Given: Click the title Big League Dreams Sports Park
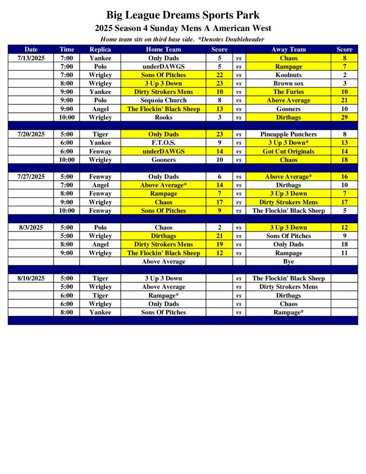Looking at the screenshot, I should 183,15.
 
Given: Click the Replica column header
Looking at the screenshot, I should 100,50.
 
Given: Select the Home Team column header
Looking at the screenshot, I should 163,50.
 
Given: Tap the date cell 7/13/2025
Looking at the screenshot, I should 31,58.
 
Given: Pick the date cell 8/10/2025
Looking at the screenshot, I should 31,279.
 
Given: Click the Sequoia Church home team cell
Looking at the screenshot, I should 163,100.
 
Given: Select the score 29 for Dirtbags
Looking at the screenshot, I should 344,118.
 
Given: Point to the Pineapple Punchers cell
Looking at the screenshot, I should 288,135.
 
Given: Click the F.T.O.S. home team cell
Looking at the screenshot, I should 163,143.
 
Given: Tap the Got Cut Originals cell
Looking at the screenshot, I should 288,151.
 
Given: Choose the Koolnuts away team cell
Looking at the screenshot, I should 288,75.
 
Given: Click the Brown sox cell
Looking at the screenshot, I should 288,84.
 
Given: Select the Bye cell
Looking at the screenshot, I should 288,262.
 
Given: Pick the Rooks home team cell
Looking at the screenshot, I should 163,118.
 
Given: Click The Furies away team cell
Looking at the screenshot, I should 288,92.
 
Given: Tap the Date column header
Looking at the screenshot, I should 31,50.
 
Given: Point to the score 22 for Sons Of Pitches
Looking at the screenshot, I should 219,75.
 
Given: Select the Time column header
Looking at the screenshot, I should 66,50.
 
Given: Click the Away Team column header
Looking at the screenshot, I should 288,50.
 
